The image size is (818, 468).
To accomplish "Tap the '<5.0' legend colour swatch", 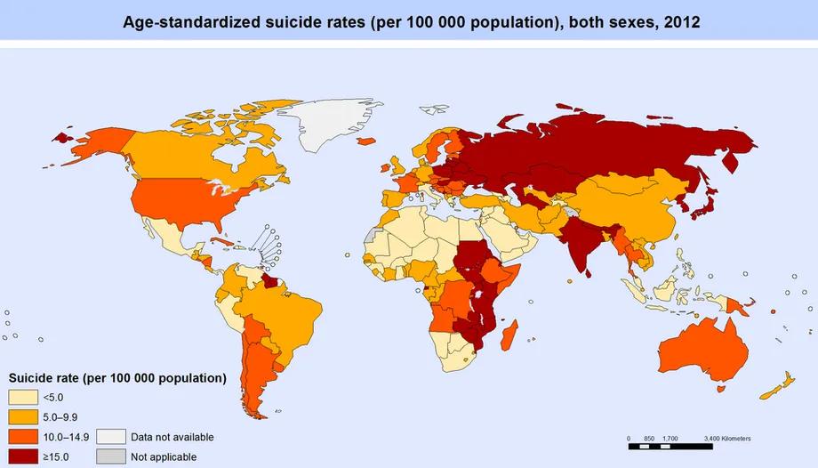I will click(24, 399).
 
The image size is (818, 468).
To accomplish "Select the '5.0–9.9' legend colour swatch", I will click(24, 417).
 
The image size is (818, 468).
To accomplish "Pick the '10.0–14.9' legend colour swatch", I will click(24, 437).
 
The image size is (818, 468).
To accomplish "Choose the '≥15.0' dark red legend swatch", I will click(24, 456).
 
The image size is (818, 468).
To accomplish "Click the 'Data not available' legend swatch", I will click(111, 437).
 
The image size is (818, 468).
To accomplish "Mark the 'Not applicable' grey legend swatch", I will click(111, 456).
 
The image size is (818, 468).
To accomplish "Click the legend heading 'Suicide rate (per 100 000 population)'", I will click(117, 378).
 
